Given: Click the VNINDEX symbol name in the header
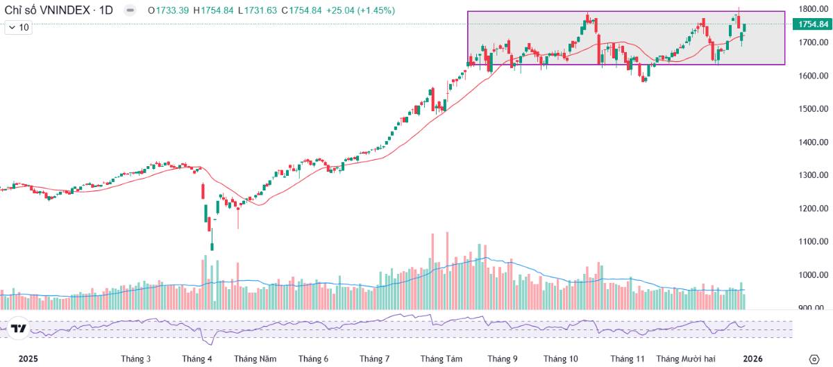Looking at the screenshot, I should (x=58, y=10).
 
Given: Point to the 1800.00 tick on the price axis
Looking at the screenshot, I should (x=811, y=9).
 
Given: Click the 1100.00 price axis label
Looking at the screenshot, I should (x=811, y=242).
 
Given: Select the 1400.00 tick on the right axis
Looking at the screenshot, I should (x=811, y=142).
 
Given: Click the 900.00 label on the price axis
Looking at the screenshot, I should (x=814, y=308).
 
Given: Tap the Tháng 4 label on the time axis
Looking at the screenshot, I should (x=197, y=359).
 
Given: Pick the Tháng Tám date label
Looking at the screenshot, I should (x=441, y=359).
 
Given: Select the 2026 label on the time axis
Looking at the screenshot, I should (x=752, y=359).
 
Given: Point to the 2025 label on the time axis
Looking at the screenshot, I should (x=28, y=359).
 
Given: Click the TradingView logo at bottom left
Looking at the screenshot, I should (x=19, y=329).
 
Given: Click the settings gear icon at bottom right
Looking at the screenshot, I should (x=814, y=359).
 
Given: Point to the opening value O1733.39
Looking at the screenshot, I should (x=169, y=10).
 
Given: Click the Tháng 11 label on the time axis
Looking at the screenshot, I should (x=628, y=359).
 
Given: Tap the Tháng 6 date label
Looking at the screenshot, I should (x=313, y=359).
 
